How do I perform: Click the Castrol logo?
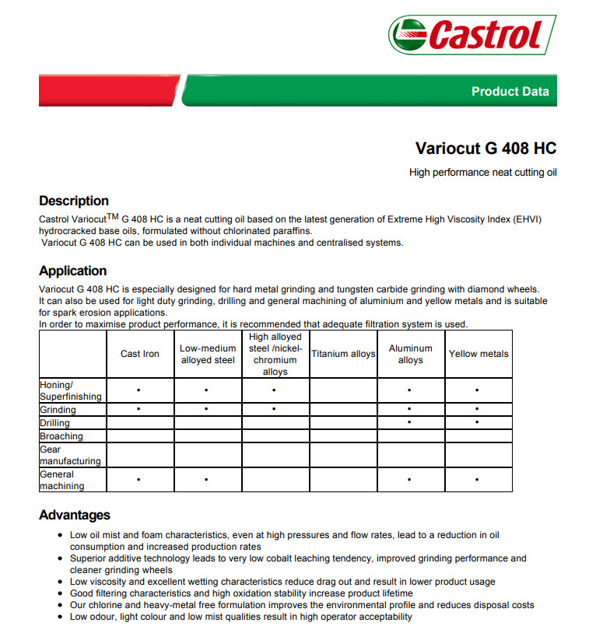(472, 36)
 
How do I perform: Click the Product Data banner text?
(510, 92)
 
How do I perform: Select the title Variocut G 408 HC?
(486, 149)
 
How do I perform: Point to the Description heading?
(74, 201)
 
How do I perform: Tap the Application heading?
(73, 271)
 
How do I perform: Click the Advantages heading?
(75, 515)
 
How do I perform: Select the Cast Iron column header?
(140, 354)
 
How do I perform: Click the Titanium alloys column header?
(343, 354)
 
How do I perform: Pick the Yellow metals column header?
(479, 354)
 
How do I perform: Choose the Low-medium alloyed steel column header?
(208, 354)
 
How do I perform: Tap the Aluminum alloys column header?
(410, 354)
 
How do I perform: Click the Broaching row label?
(61, 436)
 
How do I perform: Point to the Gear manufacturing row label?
(70, 455)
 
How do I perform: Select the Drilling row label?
(54, 423)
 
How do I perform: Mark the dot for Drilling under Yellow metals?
(477, 423)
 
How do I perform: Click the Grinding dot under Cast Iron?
(138, 409)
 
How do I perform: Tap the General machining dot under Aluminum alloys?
(409, 480)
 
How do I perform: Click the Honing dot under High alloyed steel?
(274, 390)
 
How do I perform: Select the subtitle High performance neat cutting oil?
(482, 173)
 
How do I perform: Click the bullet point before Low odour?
(61, 617)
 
